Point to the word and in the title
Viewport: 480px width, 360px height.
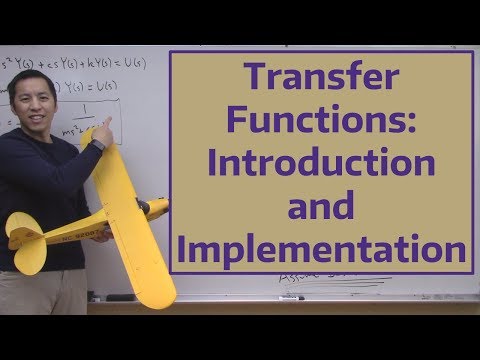click(321, 206)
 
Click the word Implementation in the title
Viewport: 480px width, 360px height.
click(321, 247)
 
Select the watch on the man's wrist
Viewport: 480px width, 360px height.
click(97, 148)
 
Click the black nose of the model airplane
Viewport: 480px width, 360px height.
click(159, 208)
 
